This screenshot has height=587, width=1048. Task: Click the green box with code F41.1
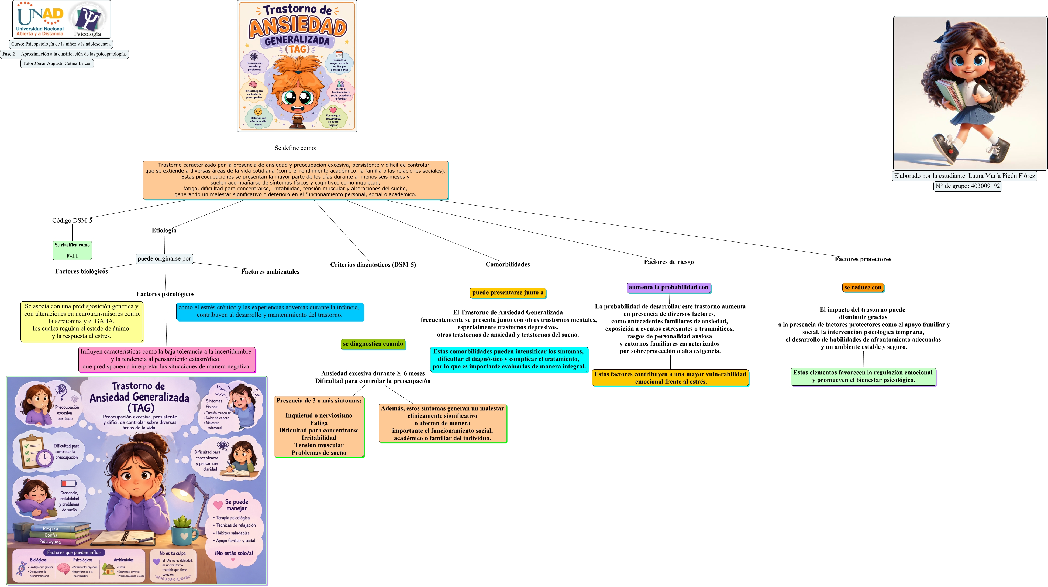[x=72, y=250]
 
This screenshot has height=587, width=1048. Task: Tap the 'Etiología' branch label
[x=164, y=230]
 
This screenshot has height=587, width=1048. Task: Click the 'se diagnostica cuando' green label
[x=373, y=344]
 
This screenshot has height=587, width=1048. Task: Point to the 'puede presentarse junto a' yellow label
[x=508, y=293]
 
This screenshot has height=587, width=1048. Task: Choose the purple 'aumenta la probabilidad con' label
[x=668, y=287]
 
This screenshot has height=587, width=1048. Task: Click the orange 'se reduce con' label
[x=863, y=287]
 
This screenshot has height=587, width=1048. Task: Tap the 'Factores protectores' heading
[x=863, y=259]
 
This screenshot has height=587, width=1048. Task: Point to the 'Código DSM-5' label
[x=72, y=221]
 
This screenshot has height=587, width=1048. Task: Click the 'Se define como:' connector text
[x=295, y=148]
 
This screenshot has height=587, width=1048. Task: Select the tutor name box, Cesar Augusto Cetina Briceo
[x=57, y=63]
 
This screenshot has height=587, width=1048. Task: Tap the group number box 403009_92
[x=967, y=186]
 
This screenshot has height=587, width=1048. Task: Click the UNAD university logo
[x=40, y=19]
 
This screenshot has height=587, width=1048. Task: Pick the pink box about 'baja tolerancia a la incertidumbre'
[x=167, y=359]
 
